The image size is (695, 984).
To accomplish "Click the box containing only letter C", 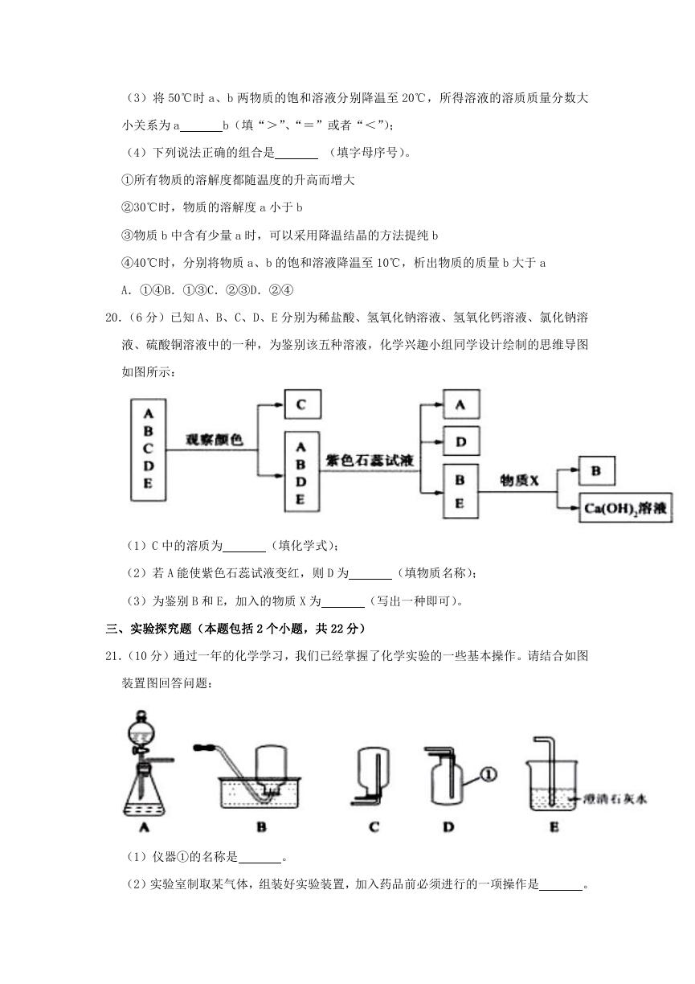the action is tap(302, 404).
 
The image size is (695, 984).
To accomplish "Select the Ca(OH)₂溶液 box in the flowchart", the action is tap(625, 508).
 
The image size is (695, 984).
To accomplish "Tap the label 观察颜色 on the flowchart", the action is tap(214, 439).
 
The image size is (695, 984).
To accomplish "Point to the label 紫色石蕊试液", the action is tap(370, 460).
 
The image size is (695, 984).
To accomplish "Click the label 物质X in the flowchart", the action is tap(518, 481).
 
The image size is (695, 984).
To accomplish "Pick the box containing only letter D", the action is tap(460, 441).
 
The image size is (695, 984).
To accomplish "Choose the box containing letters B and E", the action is tap(460, 491).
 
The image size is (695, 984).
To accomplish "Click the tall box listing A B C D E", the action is tap(149, 449).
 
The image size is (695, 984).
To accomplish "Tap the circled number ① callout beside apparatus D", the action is tap(489, 774).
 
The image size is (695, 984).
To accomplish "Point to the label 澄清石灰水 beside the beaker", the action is tap(615, 798).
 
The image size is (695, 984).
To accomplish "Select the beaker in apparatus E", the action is tap(551, 785).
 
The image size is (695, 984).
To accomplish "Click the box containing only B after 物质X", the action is tap(596, 470).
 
